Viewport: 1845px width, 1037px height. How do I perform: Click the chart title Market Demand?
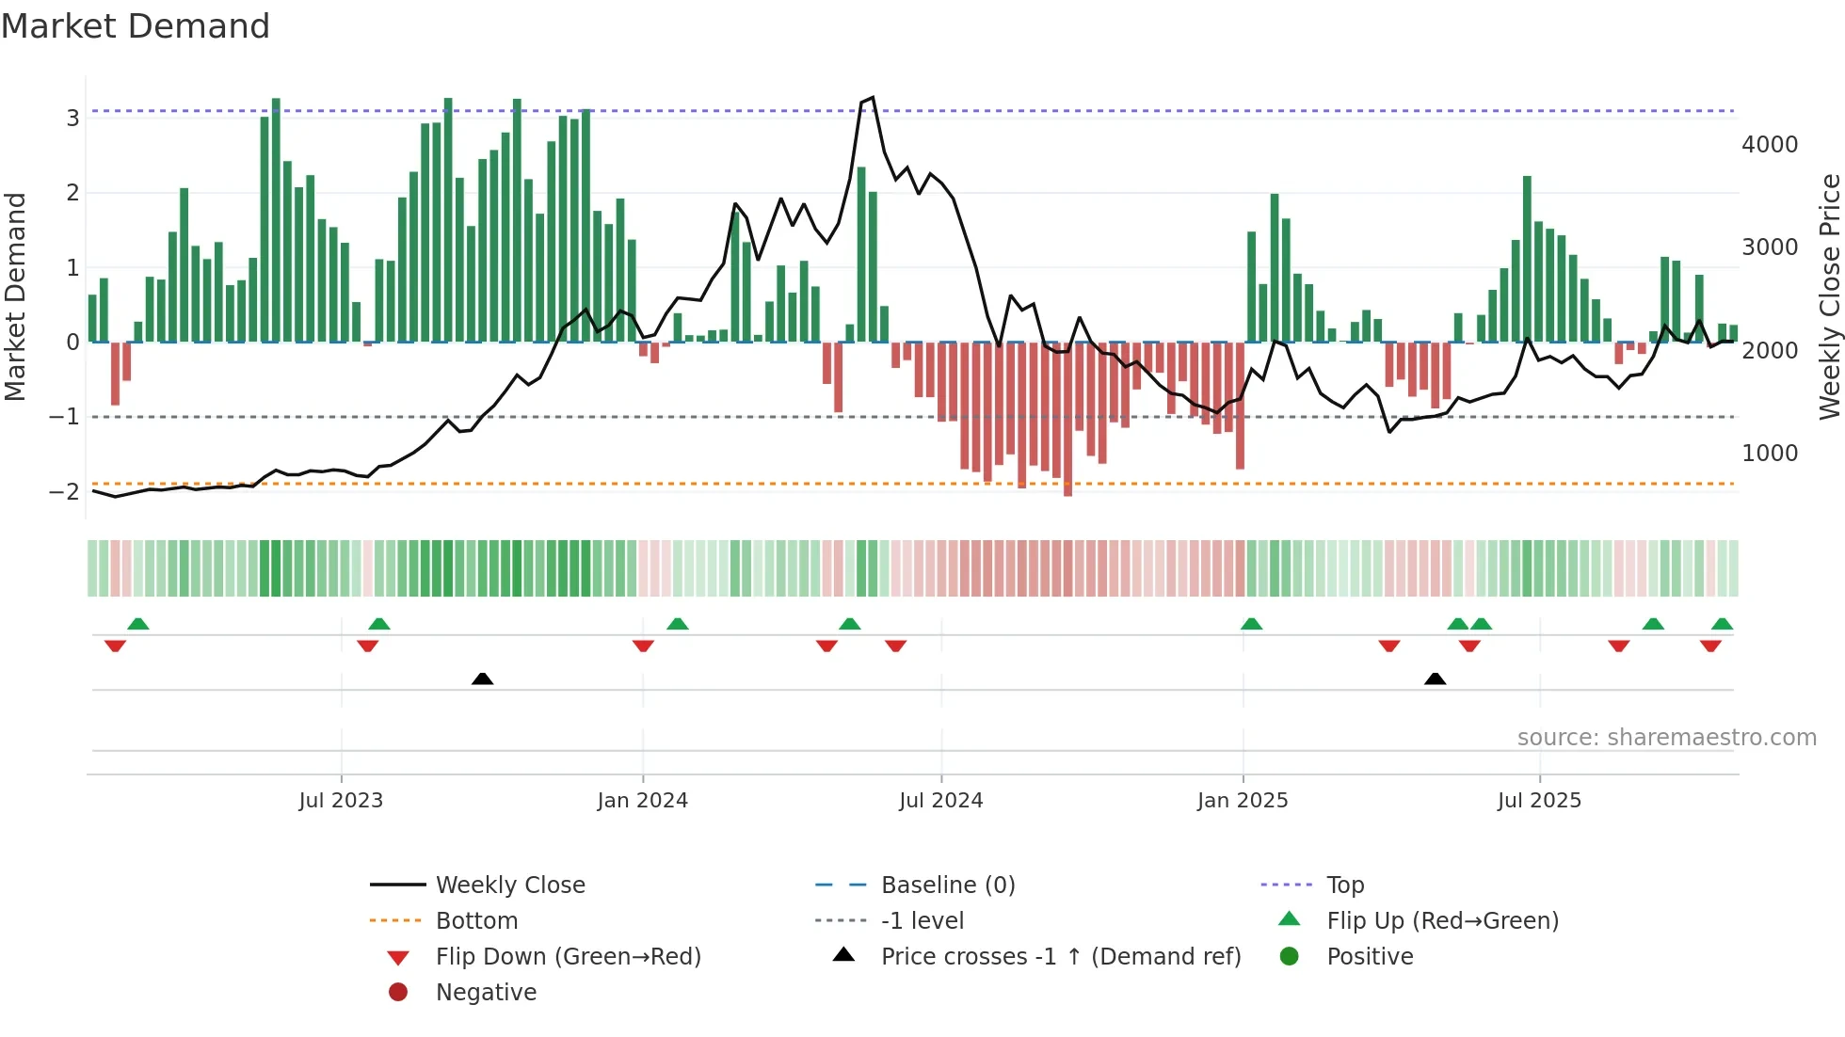pos(136,26)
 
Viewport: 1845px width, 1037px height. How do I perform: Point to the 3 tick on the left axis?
pos(72,118)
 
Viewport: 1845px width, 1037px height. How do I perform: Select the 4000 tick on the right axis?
pos(1770,145)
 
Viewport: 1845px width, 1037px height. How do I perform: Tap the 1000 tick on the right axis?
pos(1770,454)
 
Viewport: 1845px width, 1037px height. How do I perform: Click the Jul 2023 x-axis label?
pos(341,801)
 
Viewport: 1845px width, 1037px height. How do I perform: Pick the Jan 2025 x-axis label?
pos(1243,801)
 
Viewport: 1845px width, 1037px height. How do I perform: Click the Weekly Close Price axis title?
pos(1829,296)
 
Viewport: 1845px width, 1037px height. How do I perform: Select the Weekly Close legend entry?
pos(510,885)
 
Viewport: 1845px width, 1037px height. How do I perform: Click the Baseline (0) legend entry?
pos(948,885)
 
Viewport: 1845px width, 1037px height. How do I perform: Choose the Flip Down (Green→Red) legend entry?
pos(568,957)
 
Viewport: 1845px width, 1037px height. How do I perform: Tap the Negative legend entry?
pos(486,993)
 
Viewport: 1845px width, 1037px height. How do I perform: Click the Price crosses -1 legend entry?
pos(1061,957)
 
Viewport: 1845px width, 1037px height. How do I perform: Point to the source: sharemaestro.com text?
pos(1666,738)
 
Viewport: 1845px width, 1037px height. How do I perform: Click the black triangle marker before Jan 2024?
pos(482,678)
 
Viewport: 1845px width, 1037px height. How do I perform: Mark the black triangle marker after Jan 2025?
pos(1435,678)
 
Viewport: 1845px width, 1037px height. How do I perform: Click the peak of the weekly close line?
pos(873,97)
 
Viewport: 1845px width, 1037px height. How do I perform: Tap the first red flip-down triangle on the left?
pos(115,646)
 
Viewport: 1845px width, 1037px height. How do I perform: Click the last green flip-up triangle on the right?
pos(1722,624)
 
